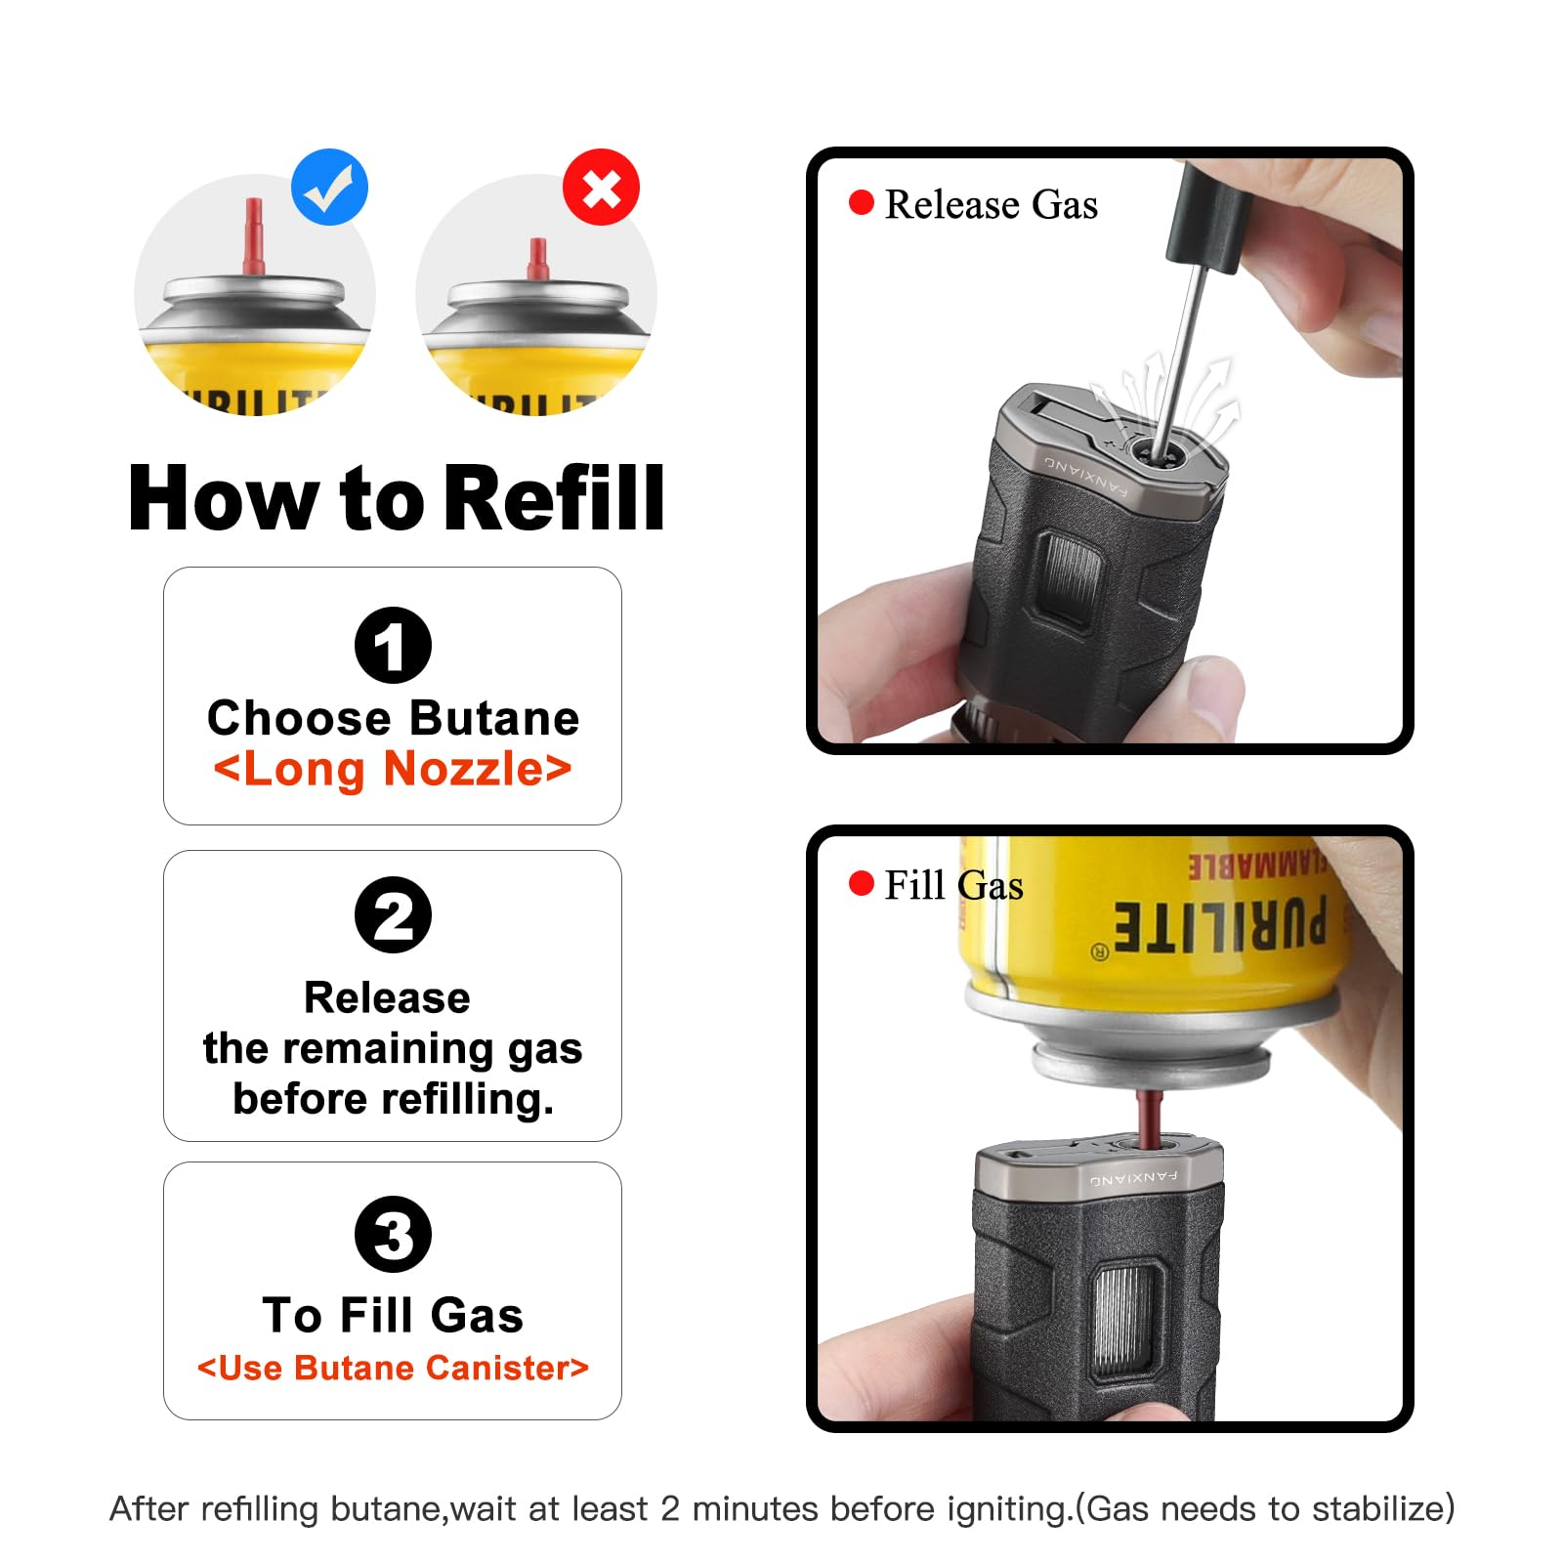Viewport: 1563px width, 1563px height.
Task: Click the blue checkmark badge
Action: pyautogui.click(x=330, y=188)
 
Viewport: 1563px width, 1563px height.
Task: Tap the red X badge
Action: pyautogui.click(x=601, y=188)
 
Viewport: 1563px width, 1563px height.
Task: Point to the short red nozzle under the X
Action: pyautogui.click(x=537, y=260)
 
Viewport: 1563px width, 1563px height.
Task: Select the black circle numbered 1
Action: pyautogui.click(x=393, y=645)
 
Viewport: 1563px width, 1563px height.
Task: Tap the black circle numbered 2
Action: pyautogui.click(x=393, y=915)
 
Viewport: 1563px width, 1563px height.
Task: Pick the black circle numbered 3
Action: pyautogui.click(x=393, y=1234)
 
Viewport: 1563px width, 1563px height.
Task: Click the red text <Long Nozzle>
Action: pyautogui.click(x=393, y=769)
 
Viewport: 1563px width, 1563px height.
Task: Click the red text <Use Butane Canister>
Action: pyautogui.click(x=393, y=1368)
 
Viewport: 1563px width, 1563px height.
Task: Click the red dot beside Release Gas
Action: pyautogui.click(x=861, y=203)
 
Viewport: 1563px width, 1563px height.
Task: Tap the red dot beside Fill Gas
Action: pyautogui.click(x=861, y=884)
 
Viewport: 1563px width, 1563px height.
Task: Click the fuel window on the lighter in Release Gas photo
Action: pyautogui.click(x=1071, y=577)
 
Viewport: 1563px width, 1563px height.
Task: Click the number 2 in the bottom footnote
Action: pyautogui.click(x=669, y=1509)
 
